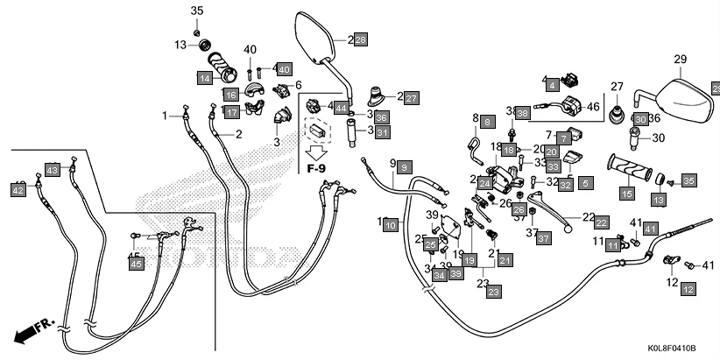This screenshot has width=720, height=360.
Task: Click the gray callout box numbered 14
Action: click(204, 78)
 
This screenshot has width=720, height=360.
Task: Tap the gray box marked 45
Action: click(136, 264)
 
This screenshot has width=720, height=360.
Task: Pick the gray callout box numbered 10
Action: click(392, 225)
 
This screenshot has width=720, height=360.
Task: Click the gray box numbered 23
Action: click(493, 292)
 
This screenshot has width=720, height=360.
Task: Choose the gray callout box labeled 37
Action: click(543, 238)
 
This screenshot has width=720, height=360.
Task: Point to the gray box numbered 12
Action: click(688, 288)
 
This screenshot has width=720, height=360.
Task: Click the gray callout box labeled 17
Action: click(230, 112)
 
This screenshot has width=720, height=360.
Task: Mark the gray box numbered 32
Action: click(566, 185)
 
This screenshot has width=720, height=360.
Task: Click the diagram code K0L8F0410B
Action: click(668, 348)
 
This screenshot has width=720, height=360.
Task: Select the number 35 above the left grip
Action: click(196, 11)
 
